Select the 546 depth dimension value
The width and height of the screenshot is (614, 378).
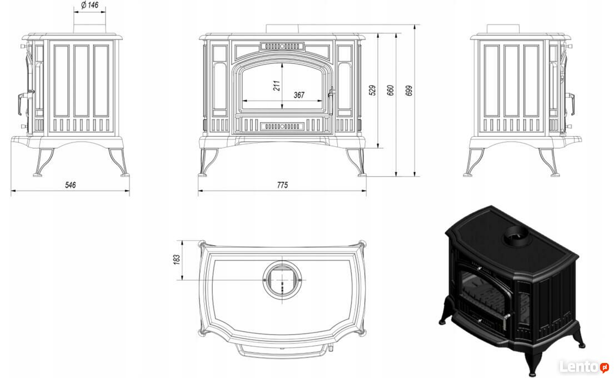pyautogui.click(x=70, y=185)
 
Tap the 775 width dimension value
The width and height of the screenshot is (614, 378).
pyautogui.click(x=282, y=185)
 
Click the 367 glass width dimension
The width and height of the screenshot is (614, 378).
pyautogui.click(x=299, y=95)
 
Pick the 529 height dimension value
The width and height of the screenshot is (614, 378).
pyautogui.click(x=372, y=89)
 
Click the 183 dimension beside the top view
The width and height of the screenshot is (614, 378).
pyautogui.click(x=177, y=259)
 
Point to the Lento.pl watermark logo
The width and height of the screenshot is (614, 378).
pyautogui.click(x=584, y=366)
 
